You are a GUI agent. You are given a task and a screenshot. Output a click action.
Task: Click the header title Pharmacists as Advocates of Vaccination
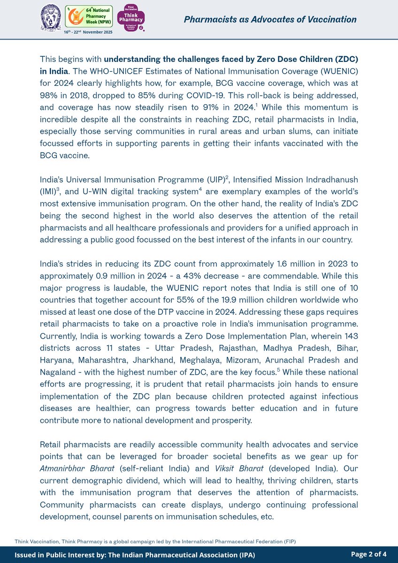tap(270, 19)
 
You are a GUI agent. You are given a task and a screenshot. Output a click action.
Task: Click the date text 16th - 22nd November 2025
tap(88, 32)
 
